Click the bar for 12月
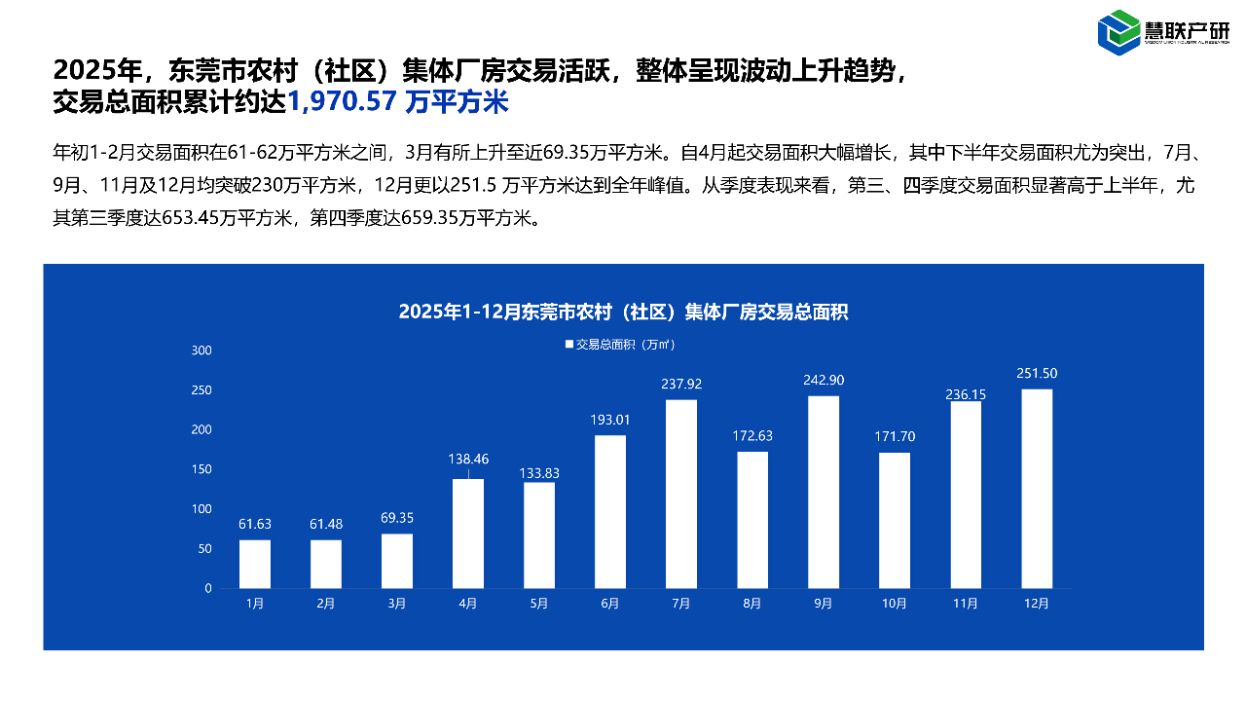tap(1037, 489)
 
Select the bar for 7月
tap(681, 494)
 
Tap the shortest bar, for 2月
tap(326, 564)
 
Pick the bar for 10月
tap(895, 520)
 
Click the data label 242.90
tap(824, 380)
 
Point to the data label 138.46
tap(468, 457)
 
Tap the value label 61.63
tap(255, 524)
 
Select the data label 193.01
tap(610, 420)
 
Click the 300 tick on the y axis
tap(202, 350)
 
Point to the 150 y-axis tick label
tap(202, 469)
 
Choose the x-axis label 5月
tap(539, 604)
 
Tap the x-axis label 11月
tap(965, 604)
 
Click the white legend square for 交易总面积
tap(569, 344)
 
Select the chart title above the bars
tap(623, 313)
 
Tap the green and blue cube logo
tap(1118, 31)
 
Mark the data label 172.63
tap(752, 435)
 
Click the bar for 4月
tap(468, 534)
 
